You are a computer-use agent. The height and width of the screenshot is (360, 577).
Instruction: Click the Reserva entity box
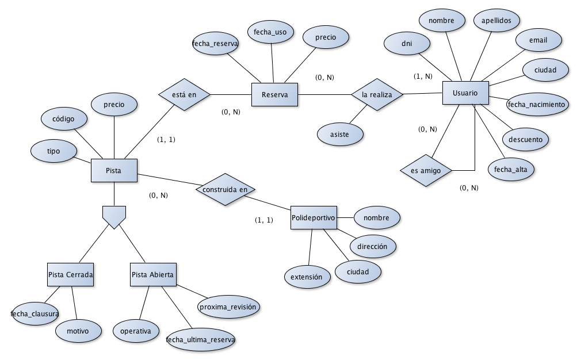click(x=275, y=94)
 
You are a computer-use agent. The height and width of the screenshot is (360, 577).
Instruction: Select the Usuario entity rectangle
click(x=465, y=93)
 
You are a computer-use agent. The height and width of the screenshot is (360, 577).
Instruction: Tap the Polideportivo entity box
click(x=314, y=218)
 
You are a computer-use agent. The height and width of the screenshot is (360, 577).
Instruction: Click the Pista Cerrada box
click(x=70, y=275)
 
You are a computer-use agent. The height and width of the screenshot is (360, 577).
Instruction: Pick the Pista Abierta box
click(x=152, y=275)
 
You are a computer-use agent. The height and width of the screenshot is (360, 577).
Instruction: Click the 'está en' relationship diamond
click(x=184, y=93)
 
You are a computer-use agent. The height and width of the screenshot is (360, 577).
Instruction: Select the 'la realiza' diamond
click(x=377, y=94)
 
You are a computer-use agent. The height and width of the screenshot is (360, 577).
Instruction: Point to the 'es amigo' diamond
click(x=426, y=170)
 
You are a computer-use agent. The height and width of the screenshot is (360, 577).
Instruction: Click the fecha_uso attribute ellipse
click(x=270, y=32)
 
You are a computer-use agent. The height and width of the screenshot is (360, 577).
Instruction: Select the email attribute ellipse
click(x=538, y=40)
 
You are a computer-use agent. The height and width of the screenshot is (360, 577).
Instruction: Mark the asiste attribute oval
click(x=341, y=133)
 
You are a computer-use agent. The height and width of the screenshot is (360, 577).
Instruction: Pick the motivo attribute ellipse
click(x=78, y=331)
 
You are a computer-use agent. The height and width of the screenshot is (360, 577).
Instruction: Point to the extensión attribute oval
click(x=307, y=277)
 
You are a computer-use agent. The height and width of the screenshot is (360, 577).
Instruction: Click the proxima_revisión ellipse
click(x=228, y=307)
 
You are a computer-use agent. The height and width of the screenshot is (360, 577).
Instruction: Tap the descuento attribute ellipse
click(x=525, y=139)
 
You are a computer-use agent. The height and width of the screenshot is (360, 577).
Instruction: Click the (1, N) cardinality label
click(x=423, y=76)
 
